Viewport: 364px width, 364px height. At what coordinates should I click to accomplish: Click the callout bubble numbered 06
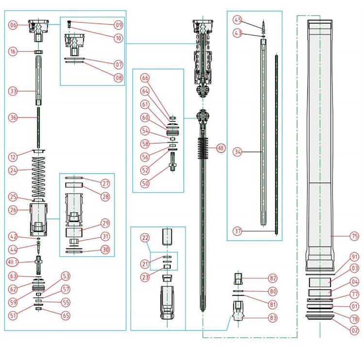pos(13,25)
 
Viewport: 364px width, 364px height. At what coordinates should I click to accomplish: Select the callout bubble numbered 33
pos(13,91)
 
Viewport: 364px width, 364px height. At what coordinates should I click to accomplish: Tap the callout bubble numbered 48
pos(221,149)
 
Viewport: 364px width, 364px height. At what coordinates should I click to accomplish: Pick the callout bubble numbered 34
pos(237,151)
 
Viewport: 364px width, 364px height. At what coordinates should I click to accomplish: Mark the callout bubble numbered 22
pos(145,237)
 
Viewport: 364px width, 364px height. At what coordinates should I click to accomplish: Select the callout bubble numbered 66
pos(145,77)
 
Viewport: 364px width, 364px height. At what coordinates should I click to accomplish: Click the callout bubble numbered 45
pos(237,20)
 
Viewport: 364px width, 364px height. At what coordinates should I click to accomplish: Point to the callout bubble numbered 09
pos(118,24)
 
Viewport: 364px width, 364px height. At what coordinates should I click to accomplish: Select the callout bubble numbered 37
pos(237,231)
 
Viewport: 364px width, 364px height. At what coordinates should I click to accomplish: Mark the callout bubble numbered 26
pos(13,210)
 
